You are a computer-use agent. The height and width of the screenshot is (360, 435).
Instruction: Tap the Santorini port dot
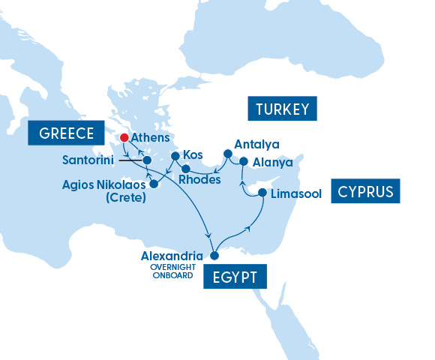coord(148,160)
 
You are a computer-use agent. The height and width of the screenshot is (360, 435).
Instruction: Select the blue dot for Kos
coord(175,157)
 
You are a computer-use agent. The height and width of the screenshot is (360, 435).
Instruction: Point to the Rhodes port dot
coord(185,169)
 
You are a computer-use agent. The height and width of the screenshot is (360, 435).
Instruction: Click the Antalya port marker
coord(227,154)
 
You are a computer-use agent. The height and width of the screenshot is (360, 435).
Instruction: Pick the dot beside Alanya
coord(244,160)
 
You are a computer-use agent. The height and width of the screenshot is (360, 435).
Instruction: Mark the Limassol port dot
coord(262,193)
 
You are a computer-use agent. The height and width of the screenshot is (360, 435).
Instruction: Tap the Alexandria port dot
coord(214,256)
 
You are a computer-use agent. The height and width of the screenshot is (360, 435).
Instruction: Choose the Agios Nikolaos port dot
coord(154,184)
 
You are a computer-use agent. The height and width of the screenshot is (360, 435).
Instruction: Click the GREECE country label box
coord(66,133)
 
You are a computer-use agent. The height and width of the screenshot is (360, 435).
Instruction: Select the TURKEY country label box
coord(283,109)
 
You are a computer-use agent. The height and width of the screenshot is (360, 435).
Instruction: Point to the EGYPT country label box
coord(234,277)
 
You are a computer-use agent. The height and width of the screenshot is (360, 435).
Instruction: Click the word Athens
coord(151,138)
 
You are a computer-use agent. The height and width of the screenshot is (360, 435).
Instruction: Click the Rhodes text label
coord(201,180)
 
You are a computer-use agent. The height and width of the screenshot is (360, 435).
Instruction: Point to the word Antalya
coord(256,144)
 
